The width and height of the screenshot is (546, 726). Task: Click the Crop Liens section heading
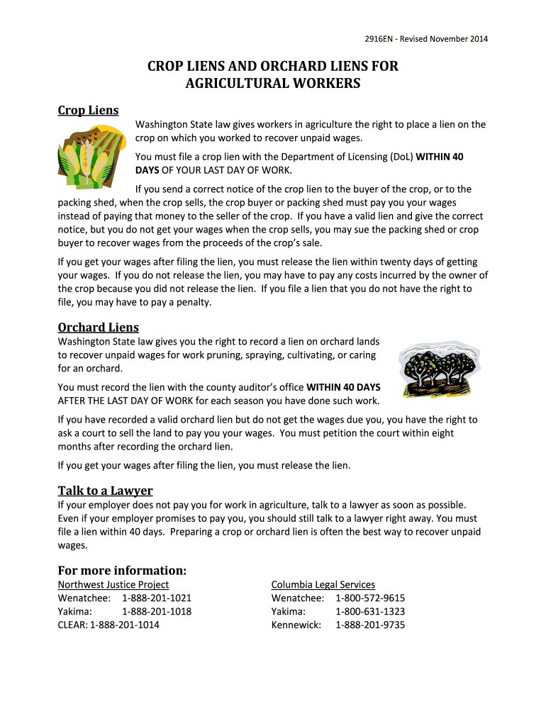88,110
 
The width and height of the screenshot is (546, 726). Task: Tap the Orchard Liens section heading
98,327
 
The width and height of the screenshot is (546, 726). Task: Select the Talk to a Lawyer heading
105,491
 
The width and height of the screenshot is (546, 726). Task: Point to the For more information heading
122,570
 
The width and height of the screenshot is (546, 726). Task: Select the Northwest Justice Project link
113,584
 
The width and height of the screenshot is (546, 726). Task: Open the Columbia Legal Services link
323,584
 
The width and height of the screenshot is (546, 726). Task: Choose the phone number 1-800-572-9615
370,598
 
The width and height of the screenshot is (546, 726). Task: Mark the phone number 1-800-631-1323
370,611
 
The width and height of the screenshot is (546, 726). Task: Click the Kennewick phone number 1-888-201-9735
370,625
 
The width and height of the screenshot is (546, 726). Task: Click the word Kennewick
296,625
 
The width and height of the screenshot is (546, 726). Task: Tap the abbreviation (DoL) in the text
401,157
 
